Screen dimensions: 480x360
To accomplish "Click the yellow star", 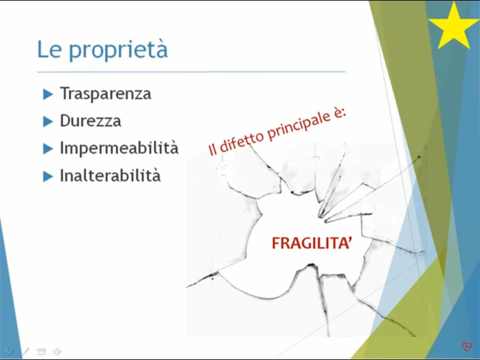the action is tap(454, 27).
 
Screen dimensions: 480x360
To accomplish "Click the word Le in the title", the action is tap(49, 49).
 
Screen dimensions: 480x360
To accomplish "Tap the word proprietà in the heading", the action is tap(118, 50).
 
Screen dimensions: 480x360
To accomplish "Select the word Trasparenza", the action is tap(105, 94).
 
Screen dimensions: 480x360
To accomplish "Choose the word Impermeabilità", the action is tap(119, 148).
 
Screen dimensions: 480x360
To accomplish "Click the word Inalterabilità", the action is tap(110, 175).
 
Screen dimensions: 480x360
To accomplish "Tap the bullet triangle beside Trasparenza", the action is tap(48, 94).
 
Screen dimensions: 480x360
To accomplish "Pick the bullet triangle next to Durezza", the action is tap(48, 121).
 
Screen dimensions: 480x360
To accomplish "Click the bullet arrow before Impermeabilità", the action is tap(48, 149).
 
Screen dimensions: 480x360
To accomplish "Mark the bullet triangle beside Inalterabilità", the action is tap(48, 176).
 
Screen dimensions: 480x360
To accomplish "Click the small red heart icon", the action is tap(466, 347).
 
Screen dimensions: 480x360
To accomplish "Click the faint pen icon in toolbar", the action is tap(25, 351).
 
